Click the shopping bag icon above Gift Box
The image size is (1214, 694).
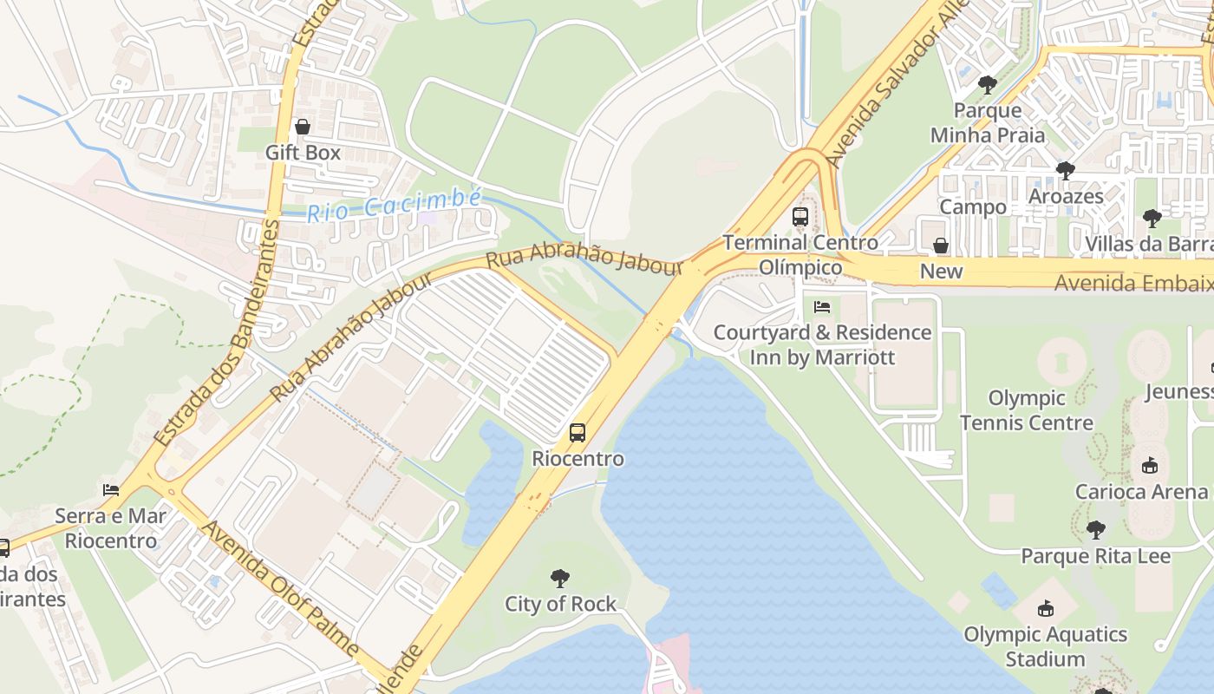(x=303, y=128)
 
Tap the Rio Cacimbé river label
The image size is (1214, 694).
(x=394, y=206)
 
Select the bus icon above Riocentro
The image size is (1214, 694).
(x=578, y=432)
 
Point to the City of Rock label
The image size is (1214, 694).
(x=560, y=604)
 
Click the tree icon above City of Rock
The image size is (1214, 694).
(x=560, y=578)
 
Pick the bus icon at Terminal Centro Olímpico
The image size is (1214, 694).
(x=800, y=217)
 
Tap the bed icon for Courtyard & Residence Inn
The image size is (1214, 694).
(x=822, y=307)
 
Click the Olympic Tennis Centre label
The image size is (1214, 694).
(x=1027, y=410)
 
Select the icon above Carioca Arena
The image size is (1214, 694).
(x=1150, y=466)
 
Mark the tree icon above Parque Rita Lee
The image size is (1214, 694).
(x=1096, y=529)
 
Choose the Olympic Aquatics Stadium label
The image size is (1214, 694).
(x=1045, y=646)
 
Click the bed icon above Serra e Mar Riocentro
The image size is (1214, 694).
(x=111, y=490)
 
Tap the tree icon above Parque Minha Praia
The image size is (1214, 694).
(x=987, y=84)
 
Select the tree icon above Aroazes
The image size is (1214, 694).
(x=1066, y=171)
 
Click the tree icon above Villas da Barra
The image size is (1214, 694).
(x=1152, y=218)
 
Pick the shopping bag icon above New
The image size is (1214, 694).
(x=941, y=246)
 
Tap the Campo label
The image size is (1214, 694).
(x=973, y=206)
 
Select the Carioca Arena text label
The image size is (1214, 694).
(x=1141, y=492)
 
